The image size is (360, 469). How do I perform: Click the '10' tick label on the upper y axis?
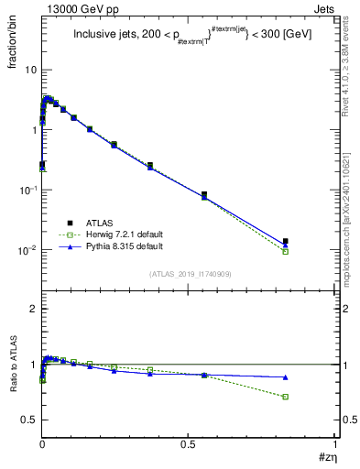pyautogui.click(x=29, y=70)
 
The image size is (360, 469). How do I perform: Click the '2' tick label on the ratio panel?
pyautogui.click(x=33, y=309)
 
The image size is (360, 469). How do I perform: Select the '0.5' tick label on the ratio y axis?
pyautogui.click(x=27, y=420)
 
